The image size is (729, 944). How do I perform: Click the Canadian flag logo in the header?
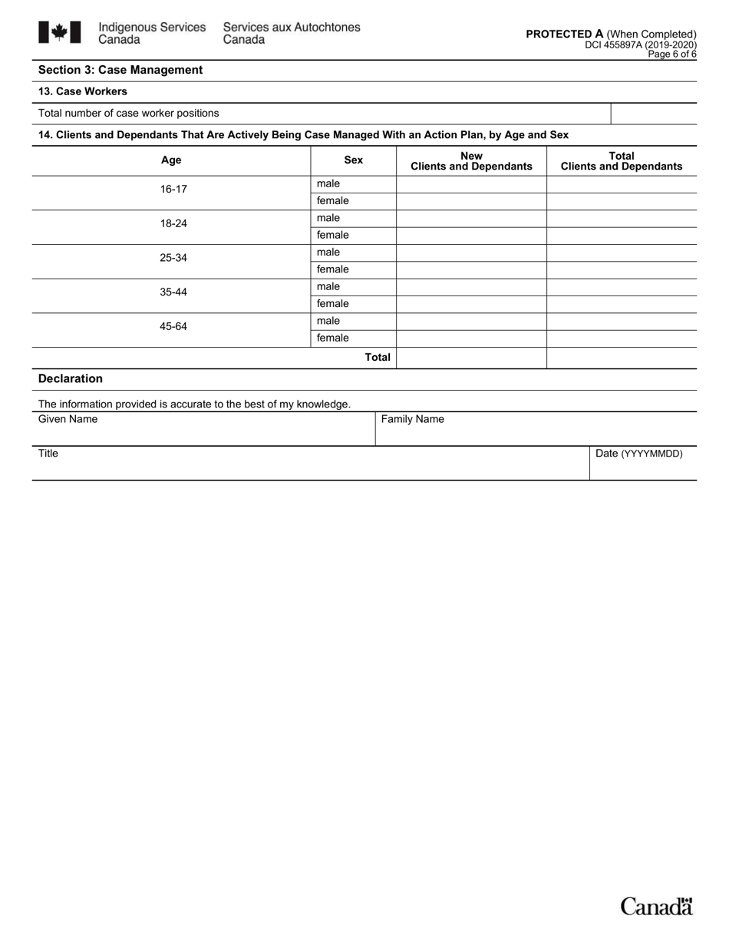(x=59, y=32)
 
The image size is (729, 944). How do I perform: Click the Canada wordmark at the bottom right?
(x=656, y=906)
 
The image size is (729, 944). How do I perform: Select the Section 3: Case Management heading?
(x=120, y=70)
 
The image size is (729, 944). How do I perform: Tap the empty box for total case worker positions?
(x=653, y=114)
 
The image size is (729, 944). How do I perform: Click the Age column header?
(x=171, y=160)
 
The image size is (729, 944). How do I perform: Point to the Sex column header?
(x=353, y=160)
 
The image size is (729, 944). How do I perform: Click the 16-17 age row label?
(x=173, y=189)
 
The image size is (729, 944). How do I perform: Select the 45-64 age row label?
(x=173, y=326)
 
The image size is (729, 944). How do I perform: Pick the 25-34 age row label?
(x=173, y=258)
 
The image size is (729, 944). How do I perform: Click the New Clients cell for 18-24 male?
(x=471, y=218)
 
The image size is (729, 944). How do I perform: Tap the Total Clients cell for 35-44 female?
(x=622, y=304)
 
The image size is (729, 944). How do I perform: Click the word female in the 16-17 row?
(x=332, y=201)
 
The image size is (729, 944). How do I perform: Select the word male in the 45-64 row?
(x=328, y=321)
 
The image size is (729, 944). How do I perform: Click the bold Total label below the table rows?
(x=377, y=357)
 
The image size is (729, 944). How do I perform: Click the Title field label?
(x=48, y=454)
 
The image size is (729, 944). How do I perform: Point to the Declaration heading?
(x=70, y=378)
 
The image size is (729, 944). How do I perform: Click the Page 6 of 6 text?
(x=672, y=54)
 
